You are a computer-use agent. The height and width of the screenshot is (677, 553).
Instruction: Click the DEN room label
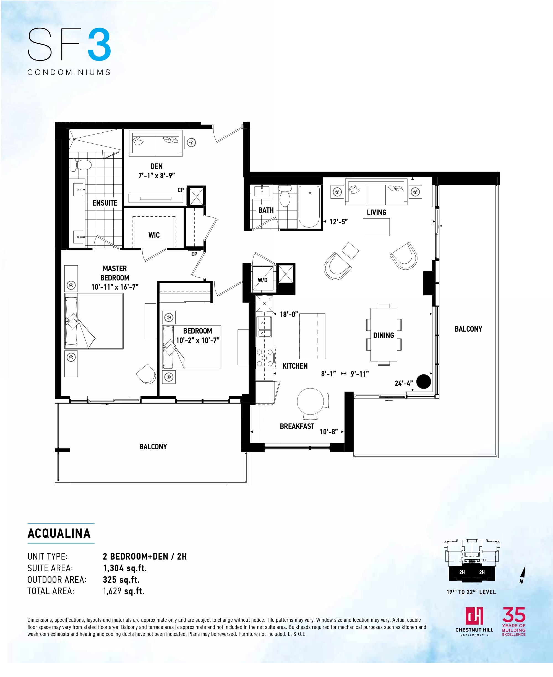[x=156, y=166]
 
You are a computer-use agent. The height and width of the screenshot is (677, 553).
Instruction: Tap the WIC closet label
[x=154, y=235]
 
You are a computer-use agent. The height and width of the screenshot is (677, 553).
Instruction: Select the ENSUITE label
[x=105, y=203]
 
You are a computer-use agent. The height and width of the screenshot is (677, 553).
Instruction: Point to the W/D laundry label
[x=262, y=280]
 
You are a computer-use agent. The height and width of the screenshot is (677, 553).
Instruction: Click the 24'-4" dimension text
[x=404, y=384]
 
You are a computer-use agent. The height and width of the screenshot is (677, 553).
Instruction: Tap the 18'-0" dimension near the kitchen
[x=289, y=314]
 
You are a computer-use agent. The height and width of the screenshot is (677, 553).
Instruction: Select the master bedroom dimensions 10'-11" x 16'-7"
[x=115, y=287]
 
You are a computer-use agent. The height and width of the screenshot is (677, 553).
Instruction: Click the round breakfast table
[x=311, y=401]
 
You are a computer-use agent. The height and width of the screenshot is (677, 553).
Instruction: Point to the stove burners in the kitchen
[x=265, y=358]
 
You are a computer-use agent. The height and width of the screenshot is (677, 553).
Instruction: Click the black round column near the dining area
[x=424, y=381]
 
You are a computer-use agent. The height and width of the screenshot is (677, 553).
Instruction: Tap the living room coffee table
[x=376, y=227]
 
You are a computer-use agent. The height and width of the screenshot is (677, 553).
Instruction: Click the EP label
[x=194, y=254]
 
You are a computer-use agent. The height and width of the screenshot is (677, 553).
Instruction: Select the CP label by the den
[x=181, y=190]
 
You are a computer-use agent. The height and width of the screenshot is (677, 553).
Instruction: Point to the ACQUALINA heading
[x=59, y=534]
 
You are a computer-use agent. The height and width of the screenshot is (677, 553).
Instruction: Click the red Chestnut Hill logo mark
[x=474, y=616]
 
